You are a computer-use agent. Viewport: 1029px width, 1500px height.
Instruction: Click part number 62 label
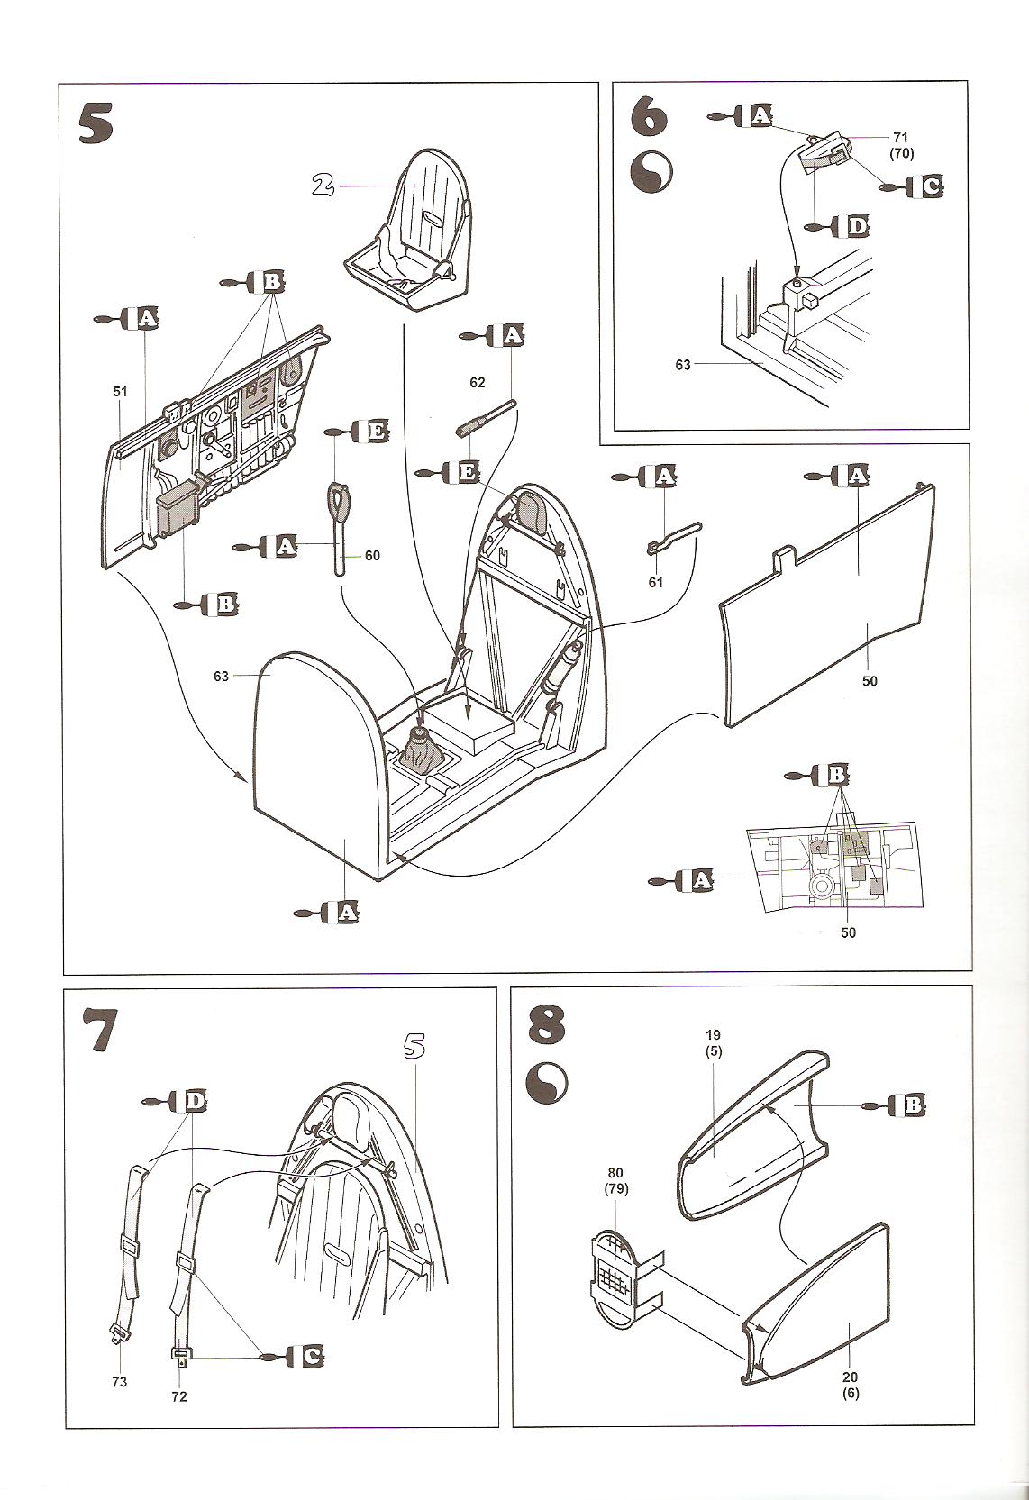tap(478, 383)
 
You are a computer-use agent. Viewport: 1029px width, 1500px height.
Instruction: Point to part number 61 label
tap(655, 583)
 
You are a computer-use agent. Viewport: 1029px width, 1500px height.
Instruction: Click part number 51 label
tap(121, 392)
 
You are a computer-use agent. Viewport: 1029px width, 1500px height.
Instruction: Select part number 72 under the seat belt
tap(180, 1395)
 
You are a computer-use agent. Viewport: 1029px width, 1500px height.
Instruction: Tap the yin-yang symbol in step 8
tap(546, 1079)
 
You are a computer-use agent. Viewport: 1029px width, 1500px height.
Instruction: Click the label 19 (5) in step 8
tap(715, 1043)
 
